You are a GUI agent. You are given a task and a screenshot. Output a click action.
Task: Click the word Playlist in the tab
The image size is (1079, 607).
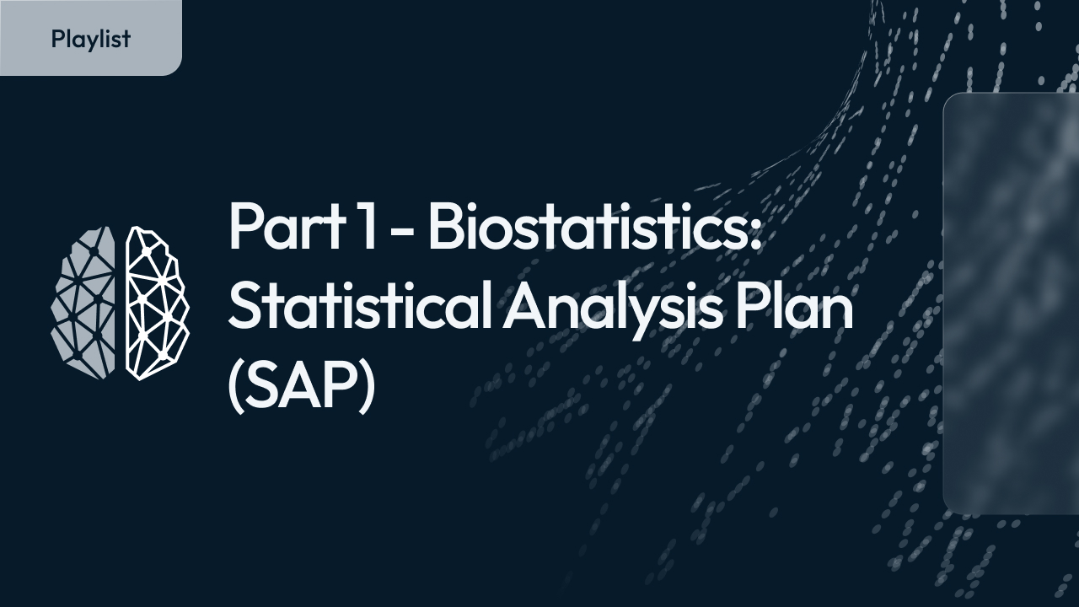click(91, 39)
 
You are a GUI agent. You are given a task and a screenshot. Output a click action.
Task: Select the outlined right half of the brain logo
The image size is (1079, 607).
click(157, 302)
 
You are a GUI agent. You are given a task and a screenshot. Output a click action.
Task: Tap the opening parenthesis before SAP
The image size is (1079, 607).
click(237, 389)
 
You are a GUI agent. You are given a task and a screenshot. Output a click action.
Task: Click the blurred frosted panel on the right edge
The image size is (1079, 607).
click(1012, 303)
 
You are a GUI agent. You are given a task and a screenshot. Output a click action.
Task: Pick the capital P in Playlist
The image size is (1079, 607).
click(57, 39)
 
